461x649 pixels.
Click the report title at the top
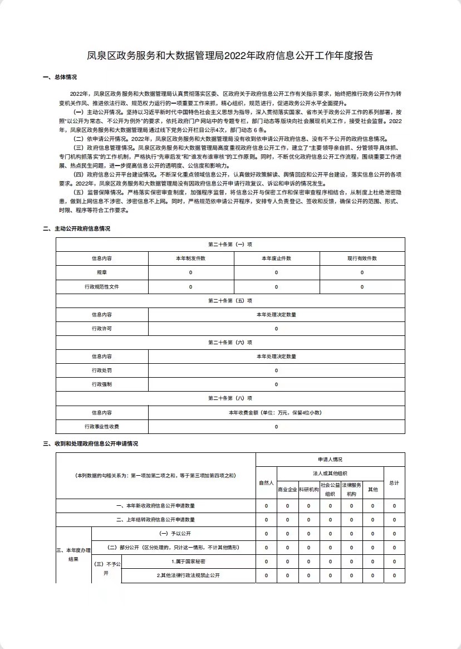pos(230,55)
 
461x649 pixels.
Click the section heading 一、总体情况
pos(60,77)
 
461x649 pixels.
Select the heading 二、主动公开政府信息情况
pos(76,229)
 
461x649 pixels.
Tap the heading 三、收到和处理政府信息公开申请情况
pos(90,443)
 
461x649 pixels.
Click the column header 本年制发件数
pos(190,258)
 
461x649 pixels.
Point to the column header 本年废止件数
pos(276,258)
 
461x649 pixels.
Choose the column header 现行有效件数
pos(362,258)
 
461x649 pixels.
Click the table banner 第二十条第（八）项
pos(230,398)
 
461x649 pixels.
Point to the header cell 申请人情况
pos(330,459)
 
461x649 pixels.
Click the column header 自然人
pos(266,482)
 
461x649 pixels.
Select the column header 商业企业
pos(287,490)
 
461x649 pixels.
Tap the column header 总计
pos(394,482)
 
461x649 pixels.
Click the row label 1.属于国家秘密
pos(188,562)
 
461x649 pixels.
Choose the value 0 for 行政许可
pos(276,329)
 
